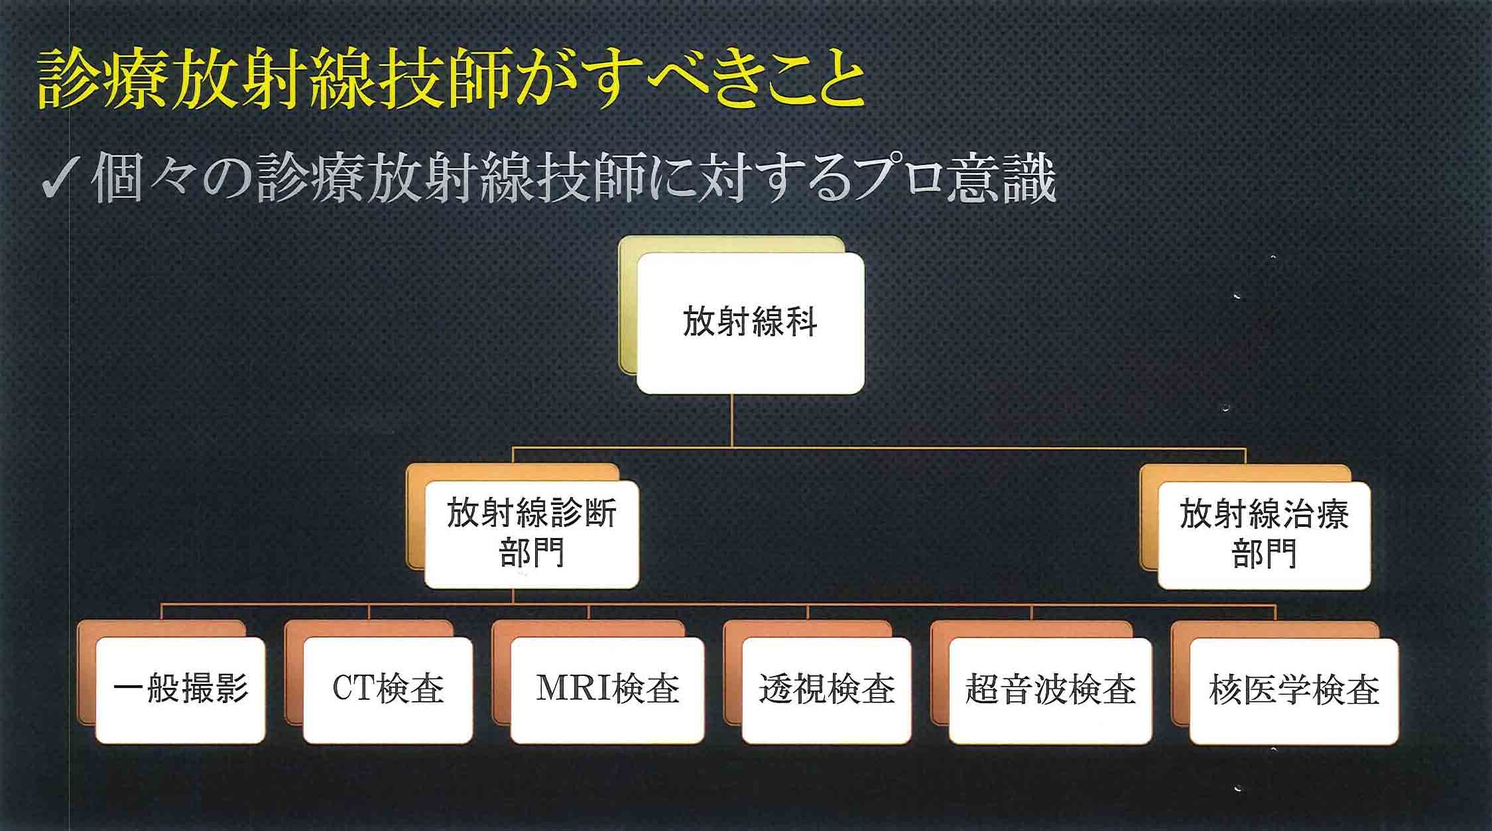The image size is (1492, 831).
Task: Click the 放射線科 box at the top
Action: [x=750, y=323]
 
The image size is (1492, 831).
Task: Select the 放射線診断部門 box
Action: [x=532, y=535]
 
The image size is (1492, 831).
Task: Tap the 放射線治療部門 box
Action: [x=1264, y=535]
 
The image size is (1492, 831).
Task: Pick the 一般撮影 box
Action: [x=180, y=690]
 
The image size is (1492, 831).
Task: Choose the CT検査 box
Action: [x=388, y=690]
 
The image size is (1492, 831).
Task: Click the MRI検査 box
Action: [x=607, y=690]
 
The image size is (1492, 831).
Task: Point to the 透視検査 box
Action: [x=826, y=690]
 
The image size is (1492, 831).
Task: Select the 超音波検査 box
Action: [x=1050, y=691]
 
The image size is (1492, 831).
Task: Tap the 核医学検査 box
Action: [x=1294, y=691]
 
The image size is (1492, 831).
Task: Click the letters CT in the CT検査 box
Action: [x=353, y=688]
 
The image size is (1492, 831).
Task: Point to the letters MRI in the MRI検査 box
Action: [x=574, y=688]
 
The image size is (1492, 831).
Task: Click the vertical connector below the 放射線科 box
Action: [x=732, y=421]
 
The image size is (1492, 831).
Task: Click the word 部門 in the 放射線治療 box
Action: [x=1264, y=553]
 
